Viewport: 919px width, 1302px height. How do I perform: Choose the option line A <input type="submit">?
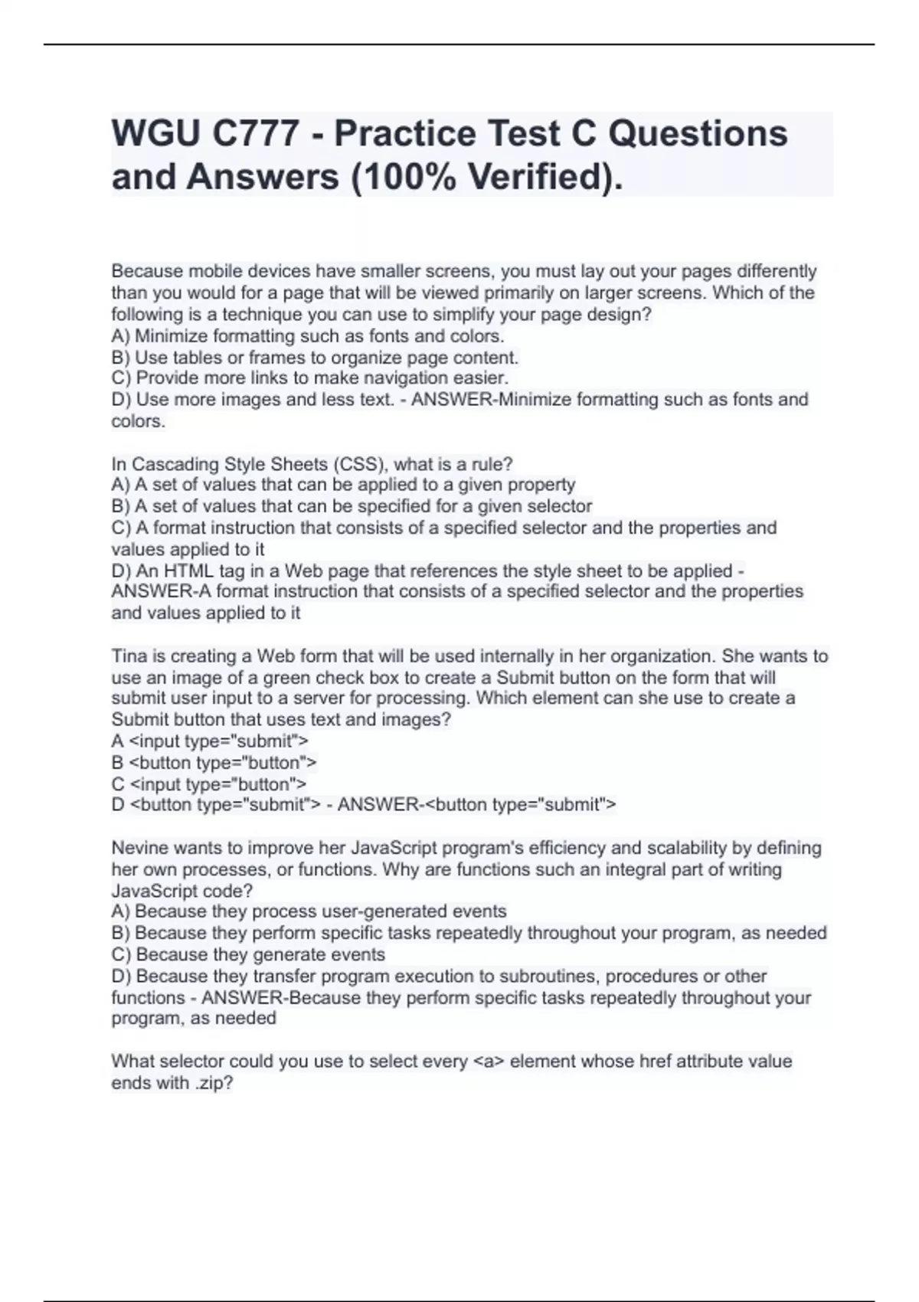click(x=210, y=741)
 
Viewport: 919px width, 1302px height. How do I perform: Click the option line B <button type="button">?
click(x=214, y=763)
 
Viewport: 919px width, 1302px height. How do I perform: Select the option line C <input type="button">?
click(x=208, y=784)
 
